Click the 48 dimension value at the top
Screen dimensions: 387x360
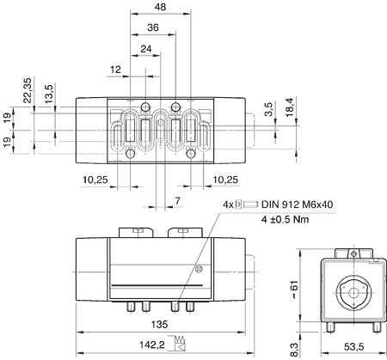coord(160,7)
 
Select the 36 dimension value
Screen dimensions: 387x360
coord(153,27)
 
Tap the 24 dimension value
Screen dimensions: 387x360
coord(146,49)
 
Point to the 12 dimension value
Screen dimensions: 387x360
coord(115,70)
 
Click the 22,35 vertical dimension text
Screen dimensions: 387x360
coord(28,90)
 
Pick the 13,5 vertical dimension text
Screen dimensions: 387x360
coord(49,94)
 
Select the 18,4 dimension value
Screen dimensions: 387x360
coord(290,107)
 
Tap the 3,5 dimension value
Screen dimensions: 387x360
coord(268,109)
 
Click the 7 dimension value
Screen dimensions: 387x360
coord(177,201)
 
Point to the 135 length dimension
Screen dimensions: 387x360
coord(159,325)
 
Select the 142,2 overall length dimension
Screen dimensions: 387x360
coord(152,345)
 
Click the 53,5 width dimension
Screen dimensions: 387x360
coord(353,347)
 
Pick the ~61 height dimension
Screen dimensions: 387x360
coord(294,290)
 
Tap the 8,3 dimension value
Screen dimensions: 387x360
coord(294,350)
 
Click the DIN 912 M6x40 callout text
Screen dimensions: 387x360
coord(298,204)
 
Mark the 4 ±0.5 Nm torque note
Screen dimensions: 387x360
coord(286,219)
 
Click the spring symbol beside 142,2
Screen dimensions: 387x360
coord(180,343)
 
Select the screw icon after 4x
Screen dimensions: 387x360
coord(247,204)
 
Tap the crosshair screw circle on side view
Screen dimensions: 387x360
coord(199,269)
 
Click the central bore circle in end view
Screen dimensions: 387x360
coord(353,293)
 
